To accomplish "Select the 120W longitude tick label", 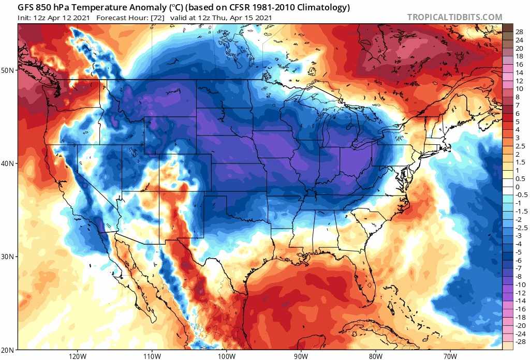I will point(77,355).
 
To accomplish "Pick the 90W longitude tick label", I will point(301,355).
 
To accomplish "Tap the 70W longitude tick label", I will point(449,355).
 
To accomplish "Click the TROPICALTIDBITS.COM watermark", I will point(454,17).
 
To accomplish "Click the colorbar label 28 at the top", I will point(519,32).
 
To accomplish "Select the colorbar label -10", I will point(520,284).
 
